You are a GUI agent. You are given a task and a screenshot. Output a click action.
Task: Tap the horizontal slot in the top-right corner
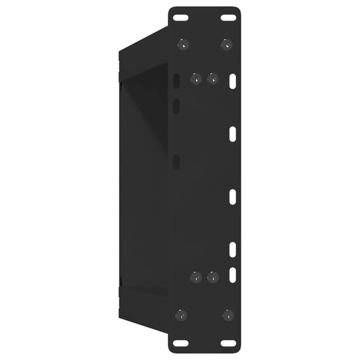[x=228, y=18]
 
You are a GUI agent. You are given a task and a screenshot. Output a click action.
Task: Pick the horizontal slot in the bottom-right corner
[x=228, y=343]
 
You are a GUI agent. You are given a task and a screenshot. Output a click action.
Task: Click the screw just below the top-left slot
[x=183, y=45]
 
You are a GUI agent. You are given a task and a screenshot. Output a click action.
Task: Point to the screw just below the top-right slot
[x=227, y=45]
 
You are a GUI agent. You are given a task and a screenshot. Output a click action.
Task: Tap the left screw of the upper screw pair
[x=196, y=79]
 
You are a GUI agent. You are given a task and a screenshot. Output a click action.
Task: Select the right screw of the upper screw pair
[x=213, y=79]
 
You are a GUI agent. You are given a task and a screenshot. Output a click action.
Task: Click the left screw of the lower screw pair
[x=196, y=277]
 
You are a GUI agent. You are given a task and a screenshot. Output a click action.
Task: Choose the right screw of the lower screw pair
[x=213, y=277]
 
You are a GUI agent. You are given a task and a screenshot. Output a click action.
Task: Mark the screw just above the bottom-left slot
[x=181, y=315]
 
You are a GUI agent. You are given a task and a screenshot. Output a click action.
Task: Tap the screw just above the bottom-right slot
[x=229, y=315]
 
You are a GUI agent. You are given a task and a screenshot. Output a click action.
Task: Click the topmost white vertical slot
[x=233, y=81]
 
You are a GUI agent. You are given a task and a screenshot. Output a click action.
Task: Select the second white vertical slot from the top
[x=233, y=134]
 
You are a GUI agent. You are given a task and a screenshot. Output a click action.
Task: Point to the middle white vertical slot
[x=233, y=197]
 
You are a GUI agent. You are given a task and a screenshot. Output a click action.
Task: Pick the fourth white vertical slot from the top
[x=233, y=250]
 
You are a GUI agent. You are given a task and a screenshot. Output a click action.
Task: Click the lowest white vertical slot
[x=233, y=275]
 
